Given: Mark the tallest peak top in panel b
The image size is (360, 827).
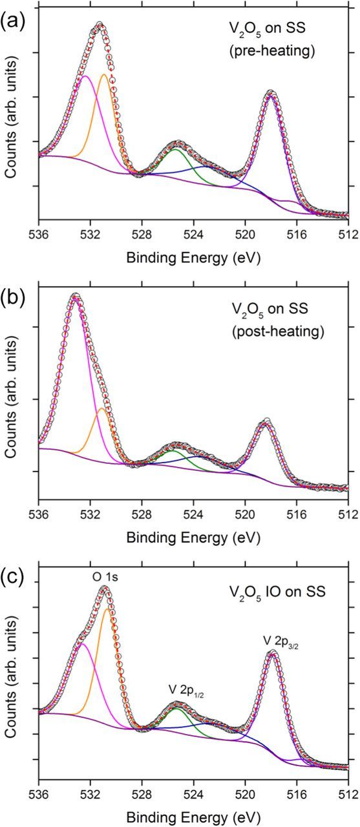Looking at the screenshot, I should [76, 297].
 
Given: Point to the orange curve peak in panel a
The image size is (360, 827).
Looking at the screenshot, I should [104, 74].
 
